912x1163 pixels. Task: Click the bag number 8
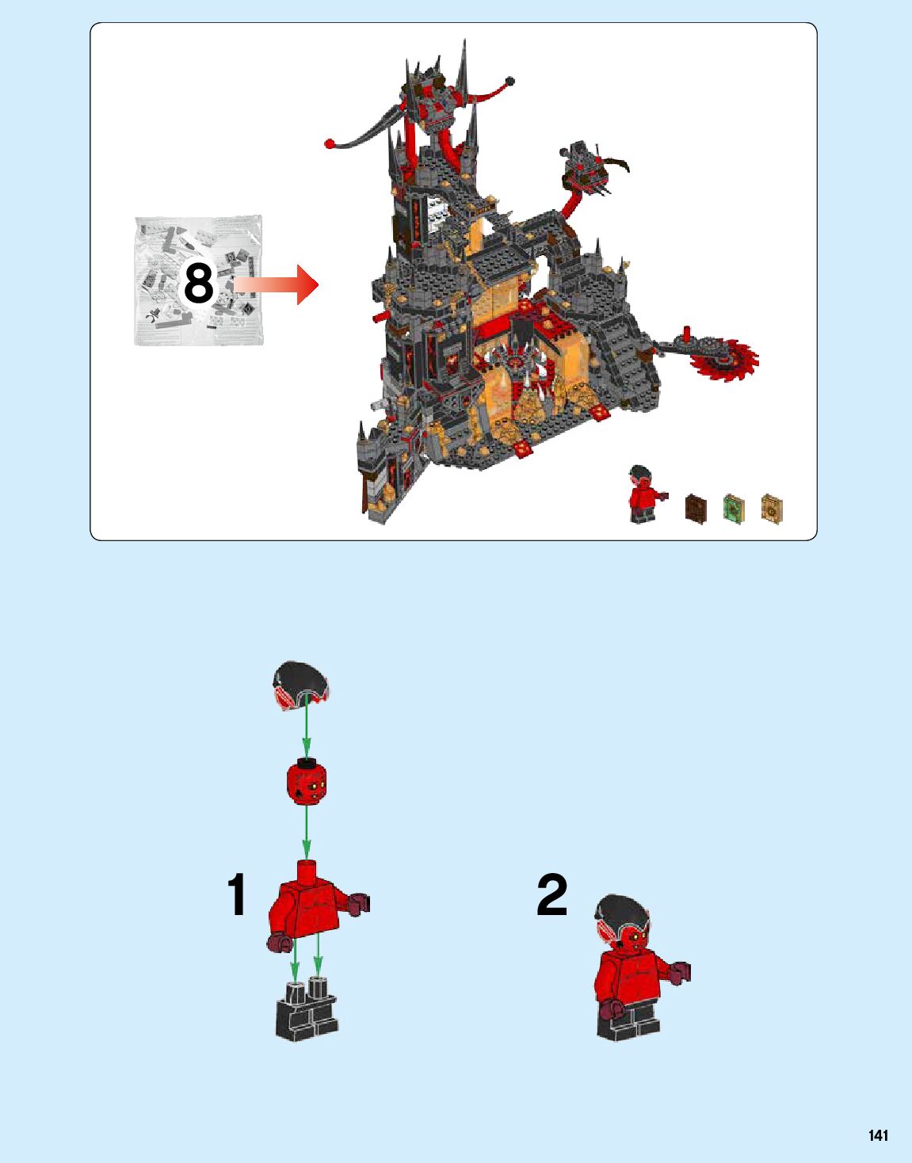(x=199, y=284)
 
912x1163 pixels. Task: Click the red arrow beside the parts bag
(x=276, y=284)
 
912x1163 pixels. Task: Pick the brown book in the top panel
(x=696, y=507)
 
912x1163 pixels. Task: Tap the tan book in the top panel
(x=772, y=508)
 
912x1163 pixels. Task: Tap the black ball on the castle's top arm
(x=510, y=82)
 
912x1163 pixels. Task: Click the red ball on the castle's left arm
(x=330, y=143)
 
